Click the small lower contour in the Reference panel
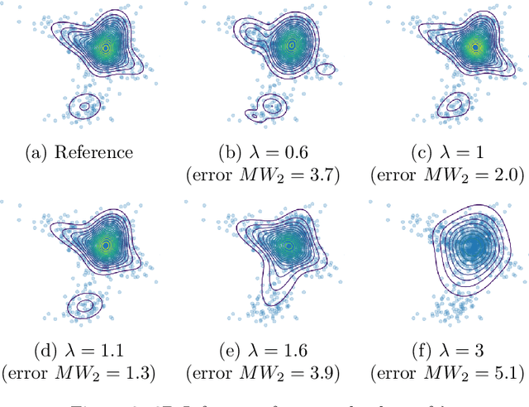pos(84,106)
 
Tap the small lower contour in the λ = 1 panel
pos(452,106)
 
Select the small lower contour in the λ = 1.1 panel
pos(84,305)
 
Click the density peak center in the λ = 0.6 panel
pos(291,46)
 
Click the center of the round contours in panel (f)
pos(472,246)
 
